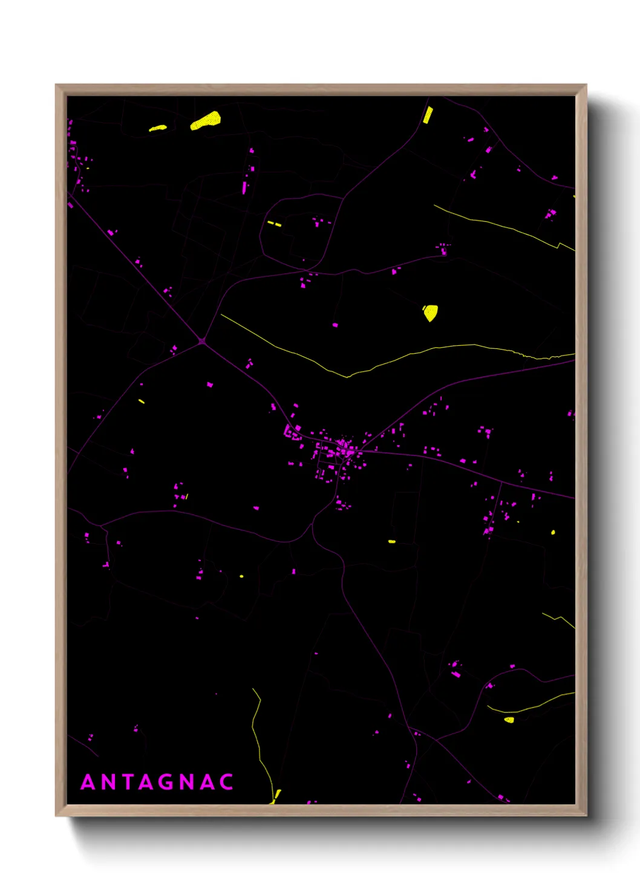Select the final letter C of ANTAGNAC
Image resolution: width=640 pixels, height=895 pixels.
click(226, 782)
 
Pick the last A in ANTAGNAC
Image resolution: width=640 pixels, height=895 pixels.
click(207, 782)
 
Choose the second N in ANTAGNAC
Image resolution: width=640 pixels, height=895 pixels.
click(187, 782)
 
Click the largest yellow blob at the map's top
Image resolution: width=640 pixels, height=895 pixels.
click(206, 120)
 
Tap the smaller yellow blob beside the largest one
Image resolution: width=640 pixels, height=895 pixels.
click(158, 128)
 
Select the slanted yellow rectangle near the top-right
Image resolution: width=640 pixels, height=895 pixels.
click(428, 115)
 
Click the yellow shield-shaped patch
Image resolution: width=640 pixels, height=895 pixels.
click(430, 313)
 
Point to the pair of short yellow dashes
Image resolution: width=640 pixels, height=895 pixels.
click(274, 224)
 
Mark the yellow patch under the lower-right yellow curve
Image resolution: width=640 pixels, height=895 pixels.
click(509, 720)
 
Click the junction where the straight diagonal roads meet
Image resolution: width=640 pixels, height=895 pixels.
click(202, 341)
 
